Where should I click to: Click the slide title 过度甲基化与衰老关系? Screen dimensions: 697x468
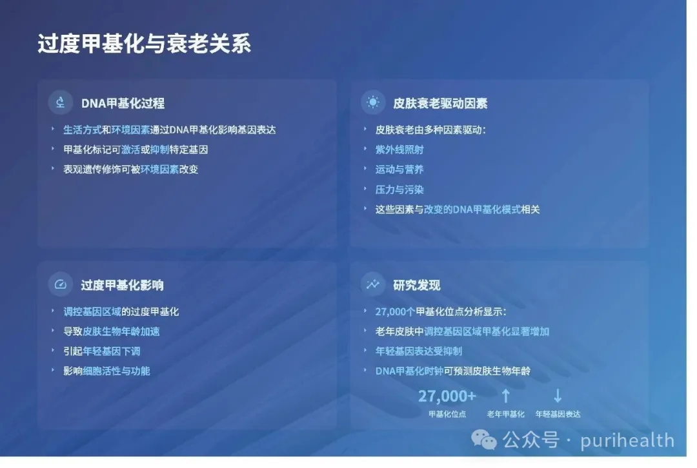[145, 44]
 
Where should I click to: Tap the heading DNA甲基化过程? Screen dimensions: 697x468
[123, 103]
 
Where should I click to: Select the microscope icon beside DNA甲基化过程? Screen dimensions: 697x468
[61, 102]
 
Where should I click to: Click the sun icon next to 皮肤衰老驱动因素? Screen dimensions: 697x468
[373, 102]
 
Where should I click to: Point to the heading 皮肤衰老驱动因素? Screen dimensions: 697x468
[440, 103]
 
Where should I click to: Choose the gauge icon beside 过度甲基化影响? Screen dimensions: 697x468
[61, 284]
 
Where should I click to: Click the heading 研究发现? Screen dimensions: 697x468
[416, 285]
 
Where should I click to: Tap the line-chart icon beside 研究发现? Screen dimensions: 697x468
[373, 284]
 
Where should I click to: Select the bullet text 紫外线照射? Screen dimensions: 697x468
[399, 150]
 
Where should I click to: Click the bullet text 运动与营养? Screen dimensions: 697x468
[399, 169]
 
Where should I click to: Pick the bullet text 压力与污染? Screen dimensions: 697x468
[399, 190]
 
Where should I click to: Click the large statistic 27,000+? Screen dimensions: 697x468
[447, 396]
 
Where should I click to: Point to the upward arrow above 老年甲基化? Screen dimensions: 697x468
[505, 395]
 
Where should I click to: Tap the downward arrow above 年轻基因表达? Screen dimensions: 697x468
[558, 395]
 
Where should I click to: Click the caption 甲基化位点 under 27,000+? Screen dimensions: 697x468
[447, 414]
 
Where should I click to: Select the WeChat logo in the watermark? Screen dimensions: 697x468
[483, 440]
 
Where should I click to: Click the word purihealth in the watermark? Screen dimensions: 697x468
[627, 440]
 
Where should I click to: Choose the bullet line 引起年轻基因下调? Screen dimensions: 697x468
[102, 351]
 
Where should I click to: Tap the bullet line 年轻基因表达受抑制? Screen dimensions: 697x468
[418, 351]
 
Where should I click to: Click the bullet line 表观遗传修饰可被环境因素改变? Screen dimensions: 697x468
[130, 169]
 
